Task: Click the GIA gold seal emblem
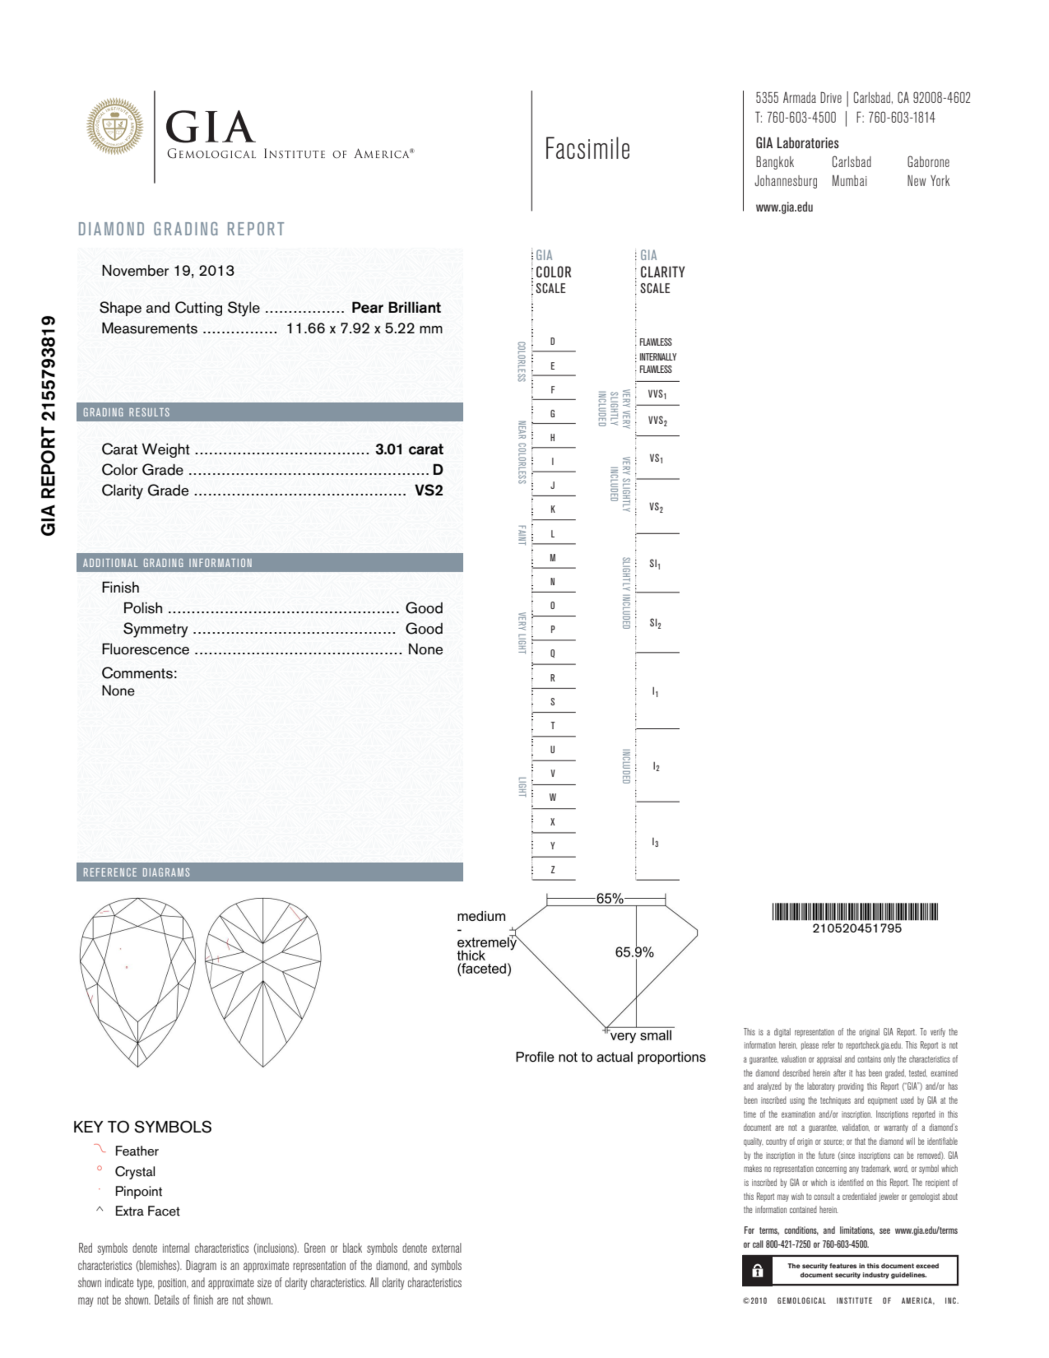point(114,126)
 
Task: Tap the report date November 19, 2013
point(168,271)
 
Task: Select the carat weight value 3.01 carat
point(408,449)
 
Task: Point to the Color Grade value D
point(438,470)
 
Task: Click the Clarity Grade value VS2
point(428,491)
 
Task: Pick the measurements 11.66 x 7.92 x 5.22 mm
point(364,328)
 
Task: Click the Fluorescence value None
point(425,649)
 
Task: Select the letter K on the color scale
point(552,509)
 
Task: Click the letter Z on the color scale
point(552,869)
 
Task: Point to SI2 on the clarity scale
point(655,623)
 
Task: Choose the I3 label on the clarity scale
point(655,843)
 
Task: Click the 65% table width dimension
point(609,899)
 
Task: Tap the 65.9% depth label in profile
point(634,952)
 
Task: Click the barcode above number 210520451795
point(855,912)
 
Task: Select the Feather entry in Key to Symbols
point(136,1151)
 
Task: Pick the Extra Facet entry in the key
point(147,1211)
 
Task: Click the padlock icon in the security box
point(757,1270)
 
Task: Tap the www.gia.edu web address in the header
point(784,208)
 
